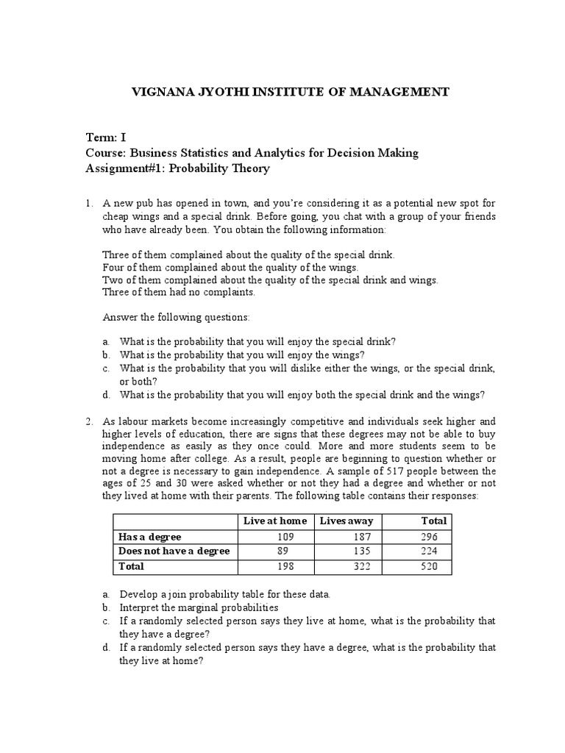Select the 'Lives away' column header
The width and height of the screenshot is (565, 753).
(346, 521)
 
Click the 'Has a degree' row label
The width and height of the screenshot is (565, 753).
(149, 537)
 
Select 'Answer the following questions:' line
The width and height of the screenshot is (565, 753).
(177, 317)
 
